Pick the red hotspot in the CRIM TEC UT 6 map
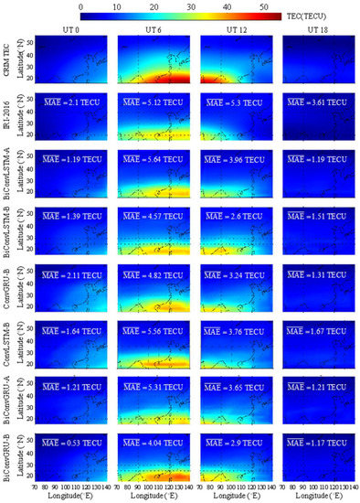168,80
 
